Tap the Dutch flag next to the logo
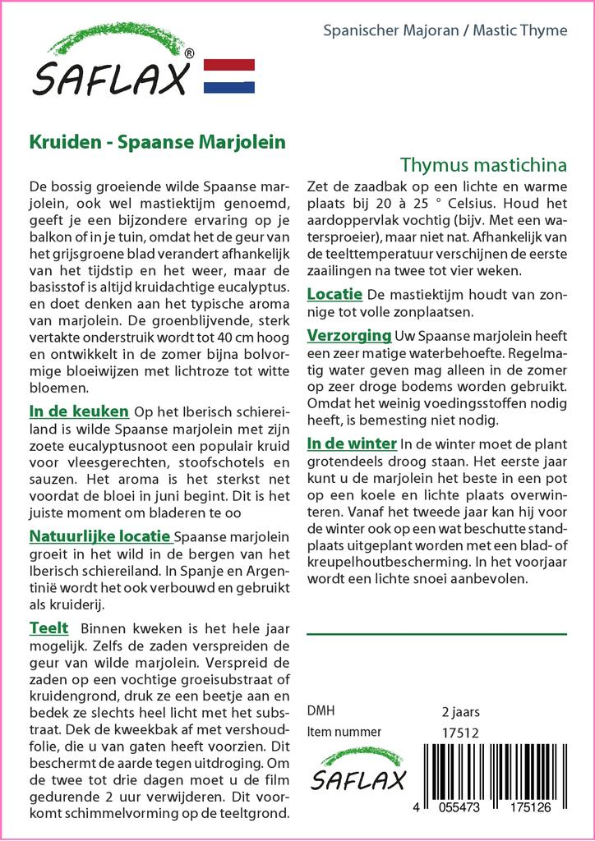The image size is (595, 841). click(x=228, y=76)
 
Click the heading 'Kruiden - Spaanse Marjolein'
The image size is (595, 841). click(x=158, y=140)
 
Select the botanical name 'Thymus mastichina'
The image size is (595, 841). click(x=483, y=163)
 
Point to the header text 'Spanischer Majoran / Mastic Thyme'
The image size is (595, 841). click(x=445, y=30)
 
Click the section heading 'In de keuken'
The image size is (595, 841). click(x=79, y=411)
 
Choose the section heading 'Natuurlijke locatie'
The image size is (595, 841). click(x=100, y=536)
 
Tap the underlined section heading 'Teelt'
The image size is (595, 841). click(x=48, y=628)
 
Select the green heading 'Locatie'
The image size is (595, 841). click(x=334, y=293)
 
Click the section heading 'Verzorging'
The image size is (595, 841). click(x=348, y=335)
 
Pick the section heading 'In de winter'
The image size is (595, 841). click(x=351, y=443)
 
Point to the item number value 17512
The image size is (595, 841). click(x=460, y=732)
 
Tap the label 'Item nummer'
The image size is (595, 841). click(x=344, y=732)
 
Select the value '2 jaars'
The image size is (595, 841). click(x=460, y=711)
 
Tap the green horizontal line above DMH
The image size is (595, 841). click(x=436, y=634)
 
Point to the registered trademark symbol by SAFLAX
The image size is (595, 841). click(x=190, y=54)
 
